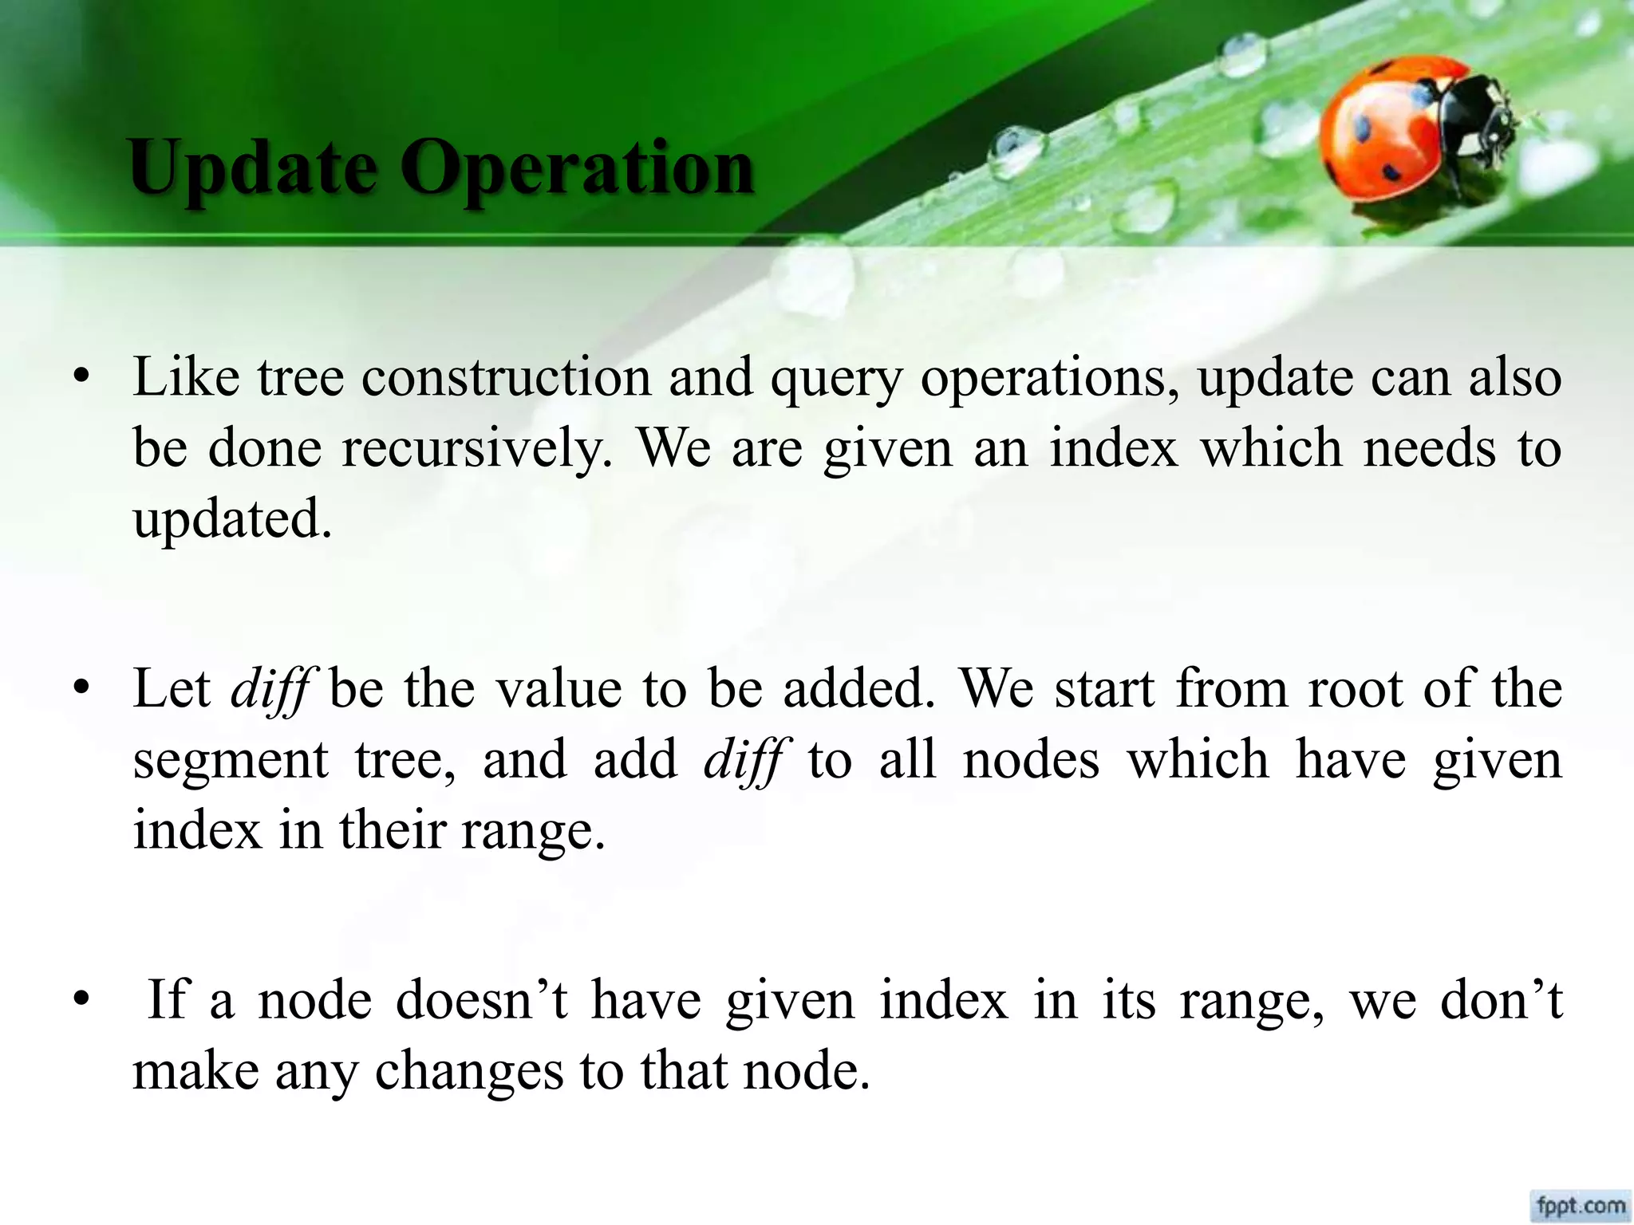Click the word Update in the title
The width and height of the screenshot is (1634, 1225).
[x=253, y=169]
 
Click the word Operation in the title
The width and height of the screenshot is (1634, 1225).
[x=577, y=169]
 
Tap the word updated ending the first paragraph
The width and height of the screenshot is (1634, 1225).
[x=231, y=522]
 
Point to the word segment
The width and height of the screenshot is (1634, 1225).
[x=231, y=760]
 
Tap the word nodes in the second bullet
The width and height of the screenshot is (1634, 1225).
[x=1031, y=759]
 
